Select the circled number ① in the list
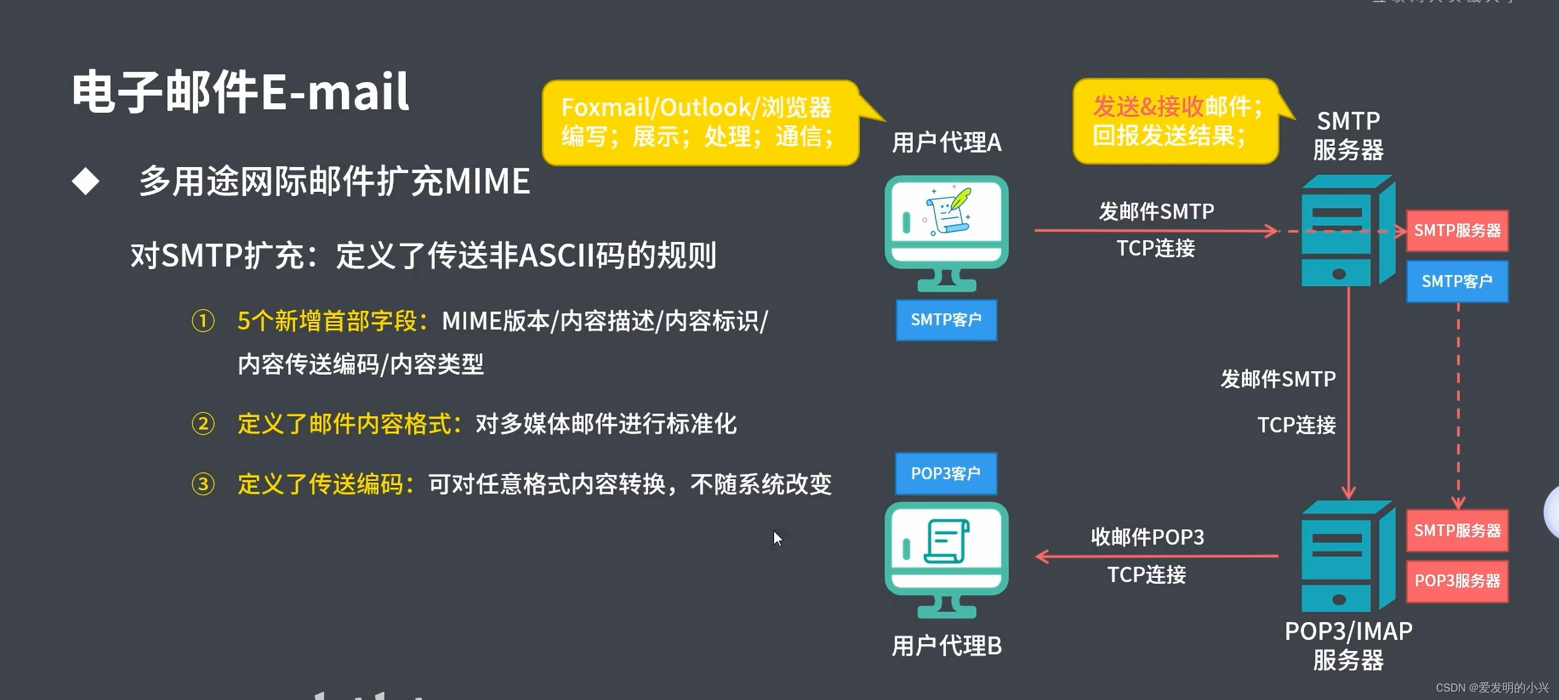coord(203,321)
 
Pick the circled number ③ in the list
coord(203,484)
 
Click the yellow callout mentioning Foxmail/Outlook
coord(699,122)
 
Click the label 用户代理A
coord(947,143)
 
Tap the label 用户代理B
coord(947,646)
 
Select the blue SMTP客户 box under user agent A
coord(946,319)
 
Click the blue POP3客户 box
coord(946,473)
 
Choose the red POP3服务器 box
coord(1457,581)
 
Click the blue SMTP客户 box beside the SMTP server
coord(1457,282)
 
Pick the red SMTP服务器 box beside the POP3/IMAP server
coord(1457,531)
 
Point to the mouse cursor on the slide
coord(777,537)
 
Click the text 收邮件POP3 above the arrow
coord(1147,537)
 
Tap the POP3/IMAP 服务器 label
coord(1348,646)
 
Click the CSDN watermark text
coord(1492,688)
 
